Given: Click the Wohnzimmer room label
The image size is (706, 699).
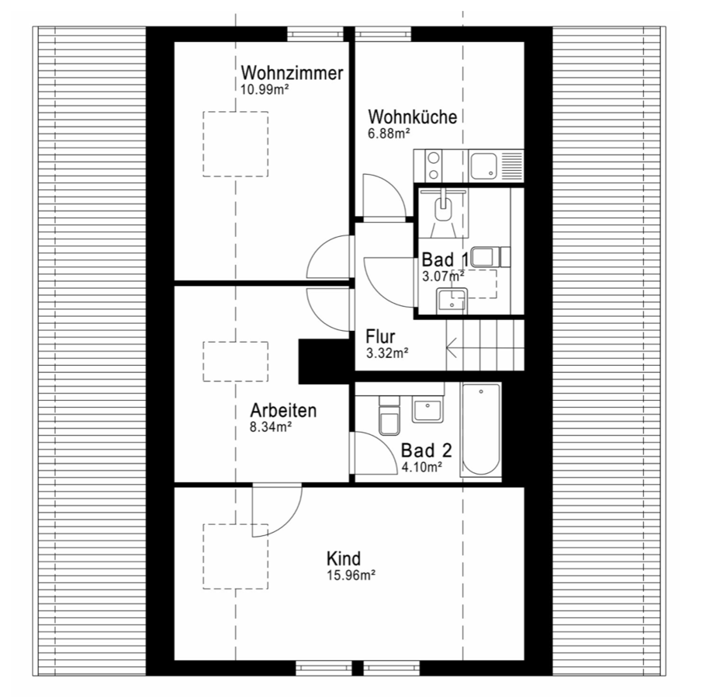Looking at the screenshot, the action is [292, 72].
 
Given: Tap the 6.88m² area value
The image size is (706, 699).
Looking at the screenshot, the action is [389, 134].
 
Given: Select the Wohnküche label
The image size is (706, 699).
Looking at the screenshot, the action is [413, 116].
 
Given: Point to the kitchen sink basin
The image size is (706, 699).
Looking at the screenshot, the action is [484, 165].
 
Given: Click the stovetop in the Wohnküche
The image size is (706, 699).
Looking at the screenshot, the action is [433, 166].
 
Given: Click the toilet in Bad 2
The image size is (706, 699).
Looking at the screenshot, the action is [389, 416].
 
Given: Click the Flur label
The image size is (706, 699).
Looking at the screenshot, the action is [380, 336].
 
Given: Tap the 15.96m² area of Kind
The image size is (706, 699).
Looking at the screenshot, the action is [351, 576].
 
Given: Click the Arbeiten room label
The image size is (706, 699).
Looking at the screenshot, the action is [283, 410].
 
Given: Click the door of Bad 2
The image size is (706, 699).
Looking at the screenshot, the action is [373, 453].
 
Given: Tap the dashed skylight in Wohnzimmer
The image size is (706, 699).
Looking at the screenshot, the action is [236, 144].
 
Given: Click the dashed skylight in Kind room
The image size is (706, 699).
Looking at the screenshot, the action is [236, 556].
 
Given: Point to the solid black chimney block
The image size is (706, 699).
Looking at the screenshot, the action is [324, 362].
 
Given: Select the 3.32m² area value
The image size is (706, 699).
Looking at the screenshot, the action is [387, 353].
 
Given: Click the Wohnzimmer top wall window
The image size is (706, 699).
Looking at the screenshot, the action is [315, 34].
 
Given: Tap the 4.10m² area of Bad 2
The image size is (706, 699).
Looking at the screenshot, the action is [421, 467].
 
